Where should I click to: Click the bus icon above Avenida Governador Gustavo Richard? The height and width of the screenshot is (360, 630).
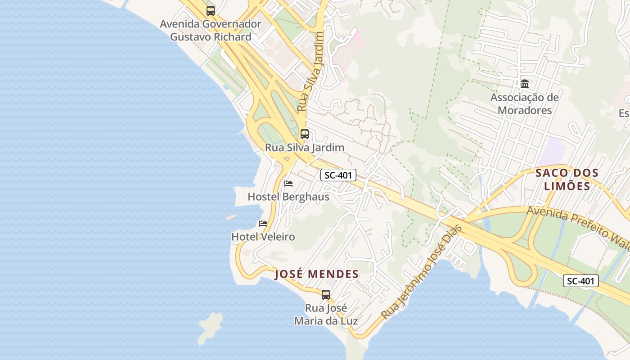(x=211, y=10)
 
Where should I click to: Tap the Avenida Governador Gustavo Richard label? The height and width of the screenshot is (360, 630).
(x=211, y=30)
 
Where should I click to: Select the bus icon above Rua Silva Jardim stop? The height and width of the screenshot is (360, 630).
(x=305, y=134)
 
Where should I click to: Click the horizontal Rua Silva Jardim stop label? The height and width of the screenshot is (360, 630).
(x=305, y=147)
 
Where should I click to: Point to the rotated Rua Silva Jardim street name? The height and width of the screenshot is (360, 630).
(x=310, y=72)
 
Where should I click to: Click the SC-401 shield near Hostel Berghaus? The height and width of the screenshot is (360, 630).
(x=338, y=175)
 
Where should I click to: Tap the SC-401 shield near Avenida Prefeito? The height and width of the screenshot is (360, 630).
(x=580, y=281)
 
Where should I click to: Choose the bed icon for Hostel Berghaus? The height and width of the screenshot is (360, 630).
(x=288, y=184)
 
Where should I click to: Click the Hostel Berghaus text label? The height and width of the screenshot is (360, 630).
(x=288, y=197)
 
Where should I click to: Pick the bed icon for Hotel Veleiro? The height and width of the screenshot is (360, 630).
(x=263, y=224)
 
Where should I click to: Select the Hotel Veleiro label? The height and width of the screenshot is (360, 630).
(x=263, y=237)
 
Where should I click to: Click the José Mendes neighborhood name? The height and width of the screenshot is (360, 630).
(x=317, y=274)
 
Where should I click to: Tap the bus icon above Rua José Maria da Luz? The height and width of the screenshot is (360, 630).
(x=326, y=295)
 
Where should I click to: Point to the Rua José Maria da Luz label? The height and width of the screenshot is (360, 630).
(x=326, y=315)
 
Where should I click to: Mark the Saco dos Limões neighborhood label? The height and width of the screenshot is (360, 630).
(x=567, y=179)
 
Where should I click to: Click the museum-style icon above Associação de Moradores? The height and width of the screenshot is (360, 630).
(x=525, y=84)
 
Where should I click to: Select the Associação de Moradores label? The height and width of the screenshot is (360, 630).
(x=525, y=104)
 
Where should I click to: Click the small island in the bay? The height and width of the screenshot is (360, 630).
(x=210, y=327)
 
